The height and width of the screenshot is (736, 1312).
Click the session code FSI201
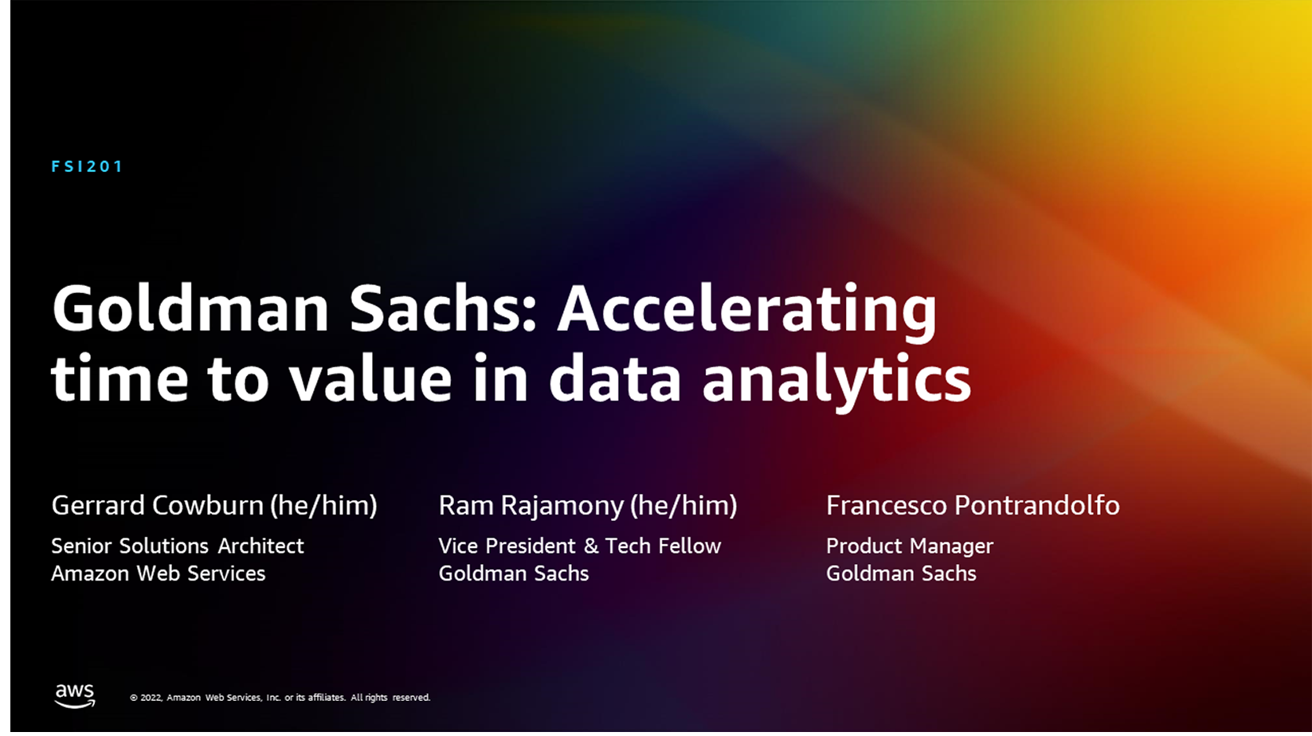click(87, 166)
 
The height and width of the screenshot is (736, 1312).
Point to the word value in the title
click(370, 378)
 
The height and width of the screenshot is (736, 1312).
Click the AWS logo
click(75, 695)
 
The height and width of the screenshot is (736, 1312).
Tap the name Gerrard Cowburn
click(158, 505)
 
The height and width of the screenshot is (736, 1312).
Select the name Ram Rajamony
click(531, 505)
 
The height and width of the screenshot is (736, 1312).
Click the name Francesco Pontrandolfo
click(973, 505)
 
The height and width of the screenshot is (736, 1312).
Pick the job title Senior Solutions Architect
click(178, 546)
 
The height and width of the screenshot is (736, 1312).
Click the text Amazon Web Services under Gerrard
click(159, 574)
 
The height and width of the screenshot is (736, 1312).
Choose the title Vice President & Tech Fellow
click(580, 546)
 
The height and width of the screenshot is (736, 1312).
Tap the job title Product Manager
click(910, 546)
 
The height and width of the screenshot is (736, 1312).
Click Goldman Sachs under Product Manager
click(901, 574)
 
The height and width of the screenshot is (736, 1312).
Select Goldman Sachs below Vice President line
click(514, 574)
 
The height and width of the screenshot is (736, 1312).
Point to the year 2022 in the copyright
click(151, 697)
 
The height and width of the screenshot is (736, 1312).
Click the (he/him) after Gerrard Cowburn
click(323, 505)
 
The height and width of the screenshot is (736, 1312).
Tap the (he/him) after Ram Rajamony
click(683, 505)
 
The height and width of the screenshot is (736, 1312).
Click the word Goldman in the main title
click(190, 308)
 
